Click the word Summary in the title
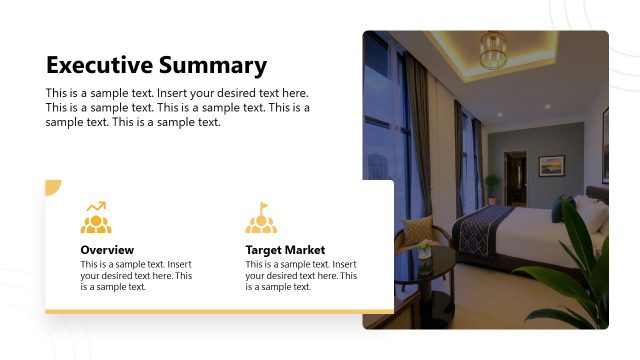click(211, 66)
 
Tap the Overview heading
click(107, 250)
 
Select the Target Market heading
click(285, 250)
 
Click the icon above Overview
click(96, 218)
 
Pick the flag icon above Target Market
click(261, 218)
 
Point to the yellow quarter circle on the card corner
click(52, 187)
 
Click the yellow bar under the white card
click(219, 312)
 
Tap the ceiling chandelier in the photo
click(492, 49)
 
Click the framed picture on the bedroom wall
click(551, 165)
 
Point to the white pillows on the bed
click(591, 212)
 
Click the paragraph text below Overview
click(136, 275)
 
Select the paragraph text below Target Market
click(301, 275)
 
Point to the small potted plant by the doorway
click(493, 186)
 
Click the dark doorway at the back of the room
click(515, 176)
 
